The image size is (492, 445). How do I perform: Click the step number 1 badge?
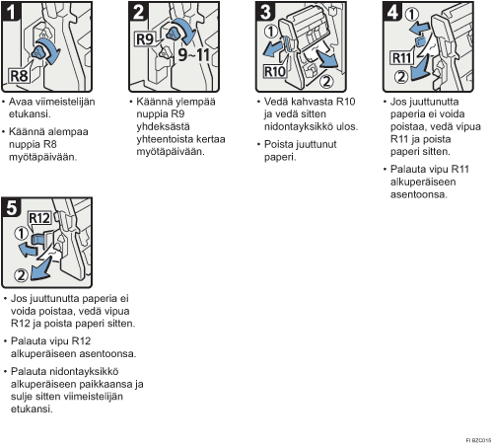[12, 12]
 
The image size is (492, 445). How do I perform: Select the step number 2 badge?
[139, 12]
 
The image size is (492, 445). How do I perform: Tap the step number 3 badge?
[266, 12]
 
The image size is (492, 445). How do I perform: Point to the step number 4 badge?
[393, 12]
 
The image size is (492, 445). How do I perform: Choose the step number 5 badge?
[12, 207]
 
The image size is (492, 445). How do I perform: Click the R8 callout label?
[19, 76]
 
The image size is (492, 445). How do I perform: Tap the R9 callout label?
[145, 39]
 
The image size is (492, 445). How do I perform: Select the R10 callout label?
[275, 71]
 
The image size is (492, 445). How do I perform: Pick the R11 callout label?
[401, 58]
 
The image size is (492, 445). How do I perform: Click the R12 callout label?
[39, 218]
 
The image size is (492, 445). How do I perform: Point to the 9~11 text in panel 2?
[194, 54]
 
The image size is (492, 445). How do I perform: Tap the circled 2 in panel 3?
[326, 81]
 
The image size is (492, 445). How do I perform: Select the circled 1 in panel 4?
[411, 14]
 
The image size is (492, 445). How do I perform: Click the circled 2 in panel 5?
[21, 275]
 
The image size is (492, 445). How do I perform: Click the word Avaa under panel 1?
[20, 102]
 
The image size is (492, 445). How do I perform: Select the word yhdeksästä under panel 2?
[163, 126]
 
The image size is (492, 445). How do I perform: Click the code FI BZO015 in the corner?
[478, 440]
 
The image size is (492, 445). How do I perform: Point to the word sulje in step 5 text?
[22, 397]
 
